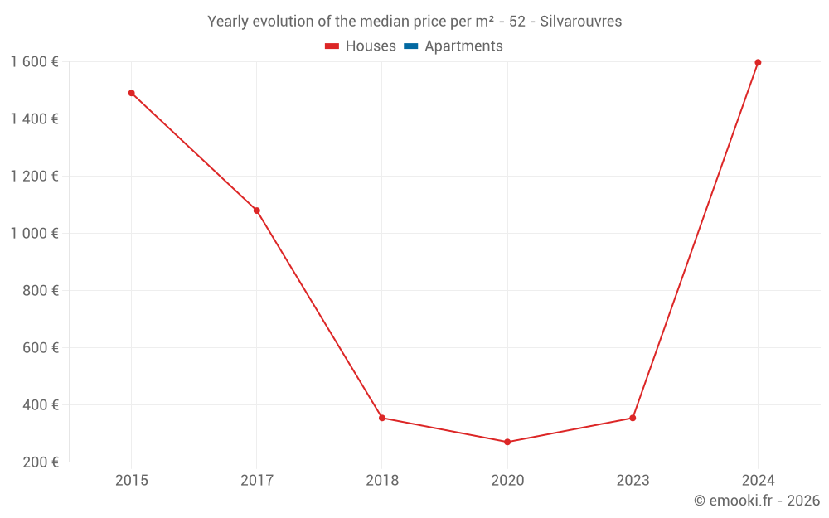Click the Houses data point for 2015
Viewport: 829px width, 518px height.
pyautogui.click(x=131, y=93)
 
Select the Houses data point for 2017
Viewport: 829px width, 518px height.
pyautogui.click(x=257, y=211)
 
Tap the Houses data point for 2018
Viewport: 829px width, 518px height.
pyautogui.click(x=382, y=418)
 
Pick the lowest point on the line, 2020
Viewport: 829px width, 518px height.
pyautogui.click(x=507, y=442)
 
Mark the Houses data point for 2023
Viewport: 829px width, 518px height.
pyautogui.click(x=633, y=418)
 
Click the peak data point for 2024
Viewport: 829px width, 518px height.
pyautogui.click(x=758, y=62)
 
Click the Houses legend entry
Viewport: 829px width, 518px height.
pyautogui.click(x=371, y=46)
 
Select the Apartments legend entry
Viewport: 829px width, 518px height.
pyautogui.click(x=463, y=46)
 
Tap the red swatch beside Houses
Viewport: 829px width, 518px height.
pyautogui.click(x=332, y=46)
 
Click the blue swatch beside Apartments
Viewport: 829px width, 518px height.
pyautogui.click(x=410, y=46)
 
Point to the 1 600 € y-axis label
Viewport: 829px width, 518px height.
pyautogui.click(x=34, y=62)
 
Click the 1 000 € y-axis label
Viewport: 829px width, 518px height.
pyautogui.click(x=34, y=234)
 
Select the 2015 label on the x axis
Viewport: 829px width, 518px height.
pyautogui.click(x=131, y=480)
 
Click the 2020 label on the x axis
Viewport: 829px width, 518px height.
pyautogui.click(x=507, y=480)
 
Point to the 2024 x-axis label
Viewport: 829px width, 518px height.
pyautogui.click(x=758, y=480)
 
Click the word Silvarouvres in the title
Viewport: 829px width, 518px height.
pyautogui.click(x=580, y=22)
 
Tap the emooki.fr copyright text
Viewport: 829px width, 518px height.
pyautogui.click(x=757, y=501)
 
